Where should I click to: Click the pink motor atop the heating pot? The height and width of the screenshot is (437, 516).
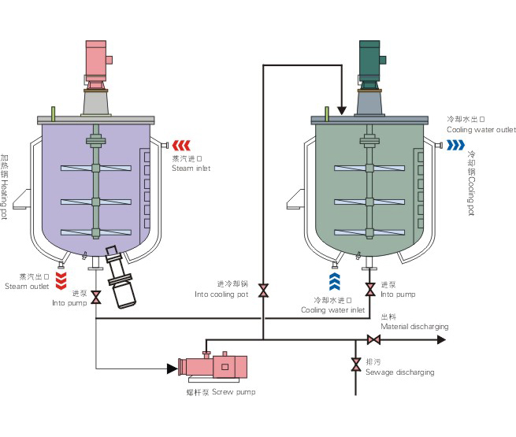[x=96, y=57]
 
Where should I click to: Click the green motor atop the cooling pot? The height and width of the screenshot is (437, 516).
[x=370, y=57]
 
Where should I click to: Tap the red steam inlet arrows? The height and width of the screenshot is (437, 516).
[x=182, y=144]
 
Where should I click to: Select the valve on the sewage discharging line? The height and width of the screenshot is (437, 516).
[x=356, y=365]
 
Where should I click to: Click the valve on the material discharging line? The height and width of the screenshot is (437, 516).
[x=374, y=340]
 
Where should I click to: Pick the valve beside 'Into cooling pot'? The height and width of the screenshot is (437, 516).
[x=264, y=290]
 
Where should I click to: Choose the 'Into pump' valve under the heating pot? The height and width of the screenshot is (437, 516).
[x=96, y=298]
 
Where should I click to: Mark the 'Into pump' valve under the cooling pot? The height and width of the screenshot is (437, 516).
[x=369, y=290]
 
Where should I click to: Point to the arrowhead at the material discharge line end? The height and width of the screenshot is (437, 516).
[x=441, y=340]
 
